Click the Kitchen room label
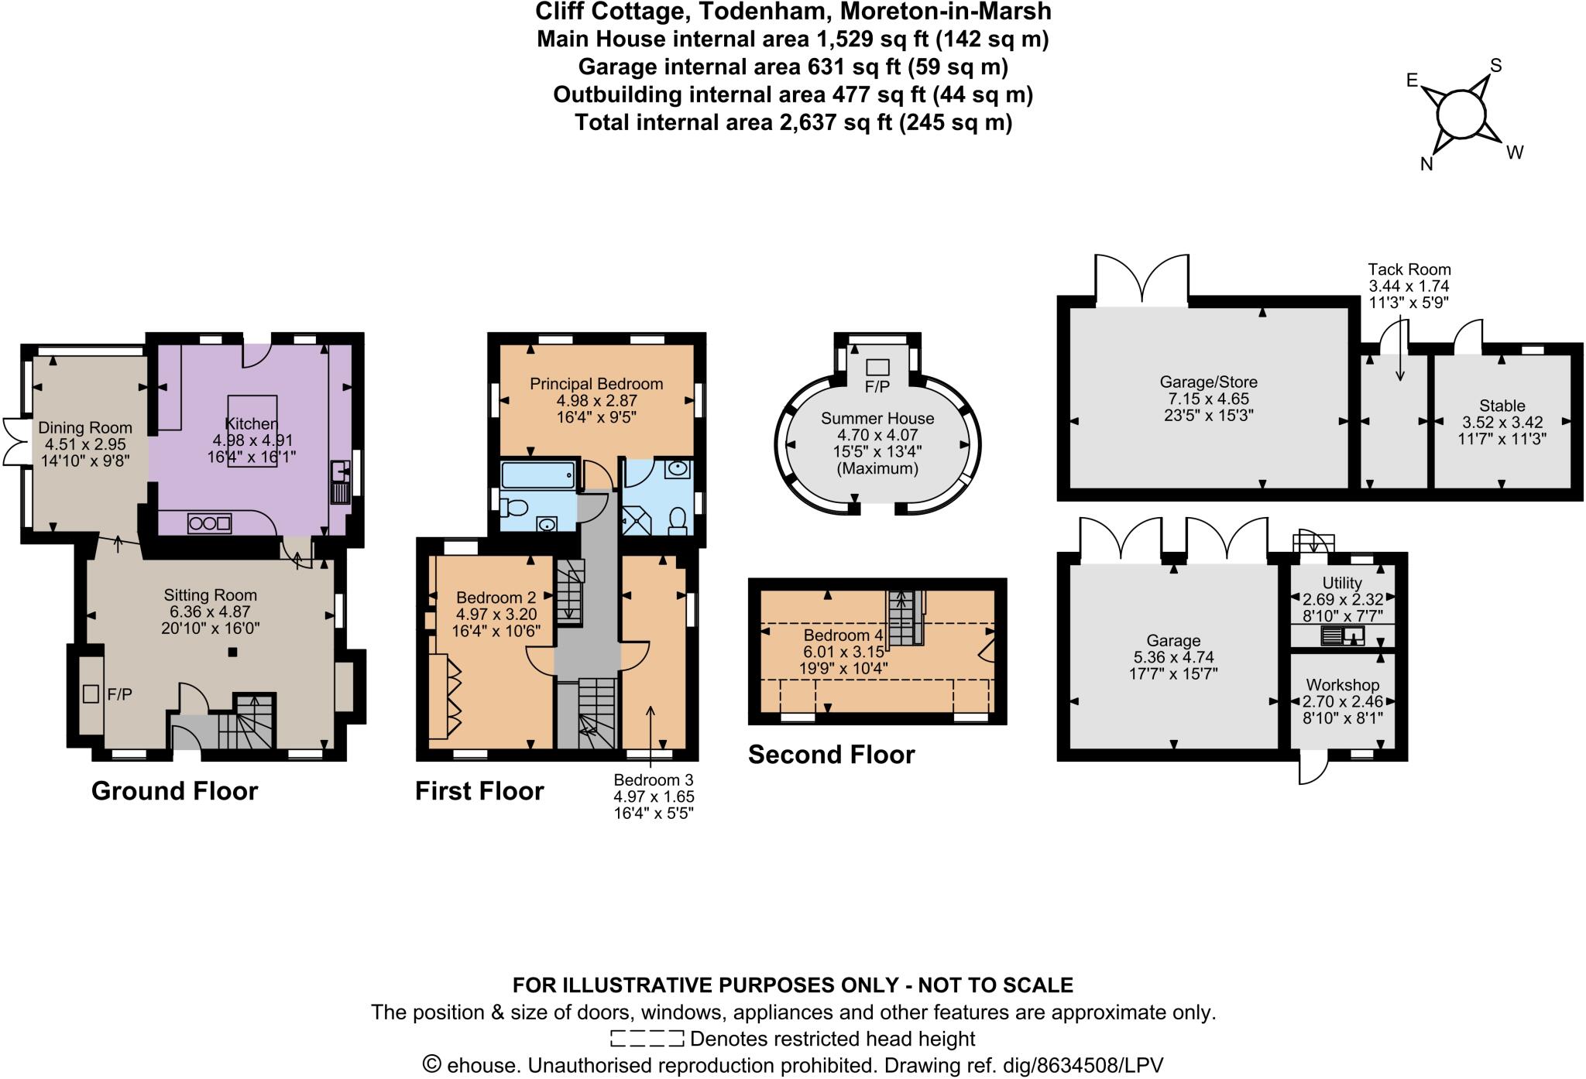(x=251, y=423)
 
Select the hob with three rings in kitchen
(x=209, y=523)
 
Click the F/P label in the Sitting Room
(x=119, y=694)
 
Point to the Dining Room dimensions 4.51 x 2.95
(x=84, y=444)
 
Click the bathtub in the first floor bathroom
(x=537, y=474)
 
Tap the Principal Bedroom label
(x=596, y=384)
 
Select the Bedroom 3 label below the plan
(x=653, y=779)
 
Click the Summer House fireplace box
(x=877, y=367)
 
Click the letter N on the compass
(x=1426, y=164)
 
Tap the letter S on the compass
(x=1496, y=67)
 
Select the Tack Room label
(x=1409, y=269)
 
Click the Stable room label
(x=1502, y=406)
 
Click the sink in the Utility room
(x=1353, y=635)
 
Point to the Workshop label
(x=1342, y=685)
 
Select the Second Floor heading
(x=831, y=755)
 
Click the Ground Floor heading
(x=174, y=791)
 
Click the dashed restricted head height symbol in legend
(x=647, y=1038)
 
